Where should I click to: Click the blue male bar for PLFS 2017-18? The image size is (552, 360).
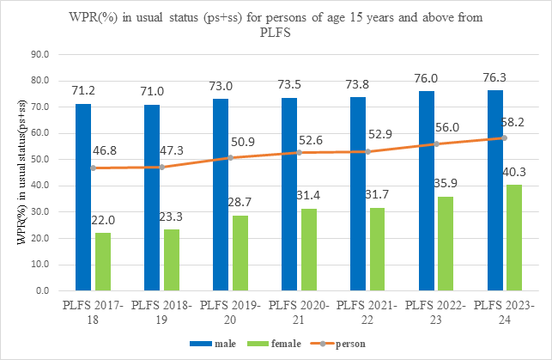coord(83,197)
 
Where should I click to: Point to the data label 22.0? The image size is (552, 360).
coord(104,220)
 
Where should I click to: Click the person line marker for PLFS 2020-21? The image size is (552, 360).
coord(300,152)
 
